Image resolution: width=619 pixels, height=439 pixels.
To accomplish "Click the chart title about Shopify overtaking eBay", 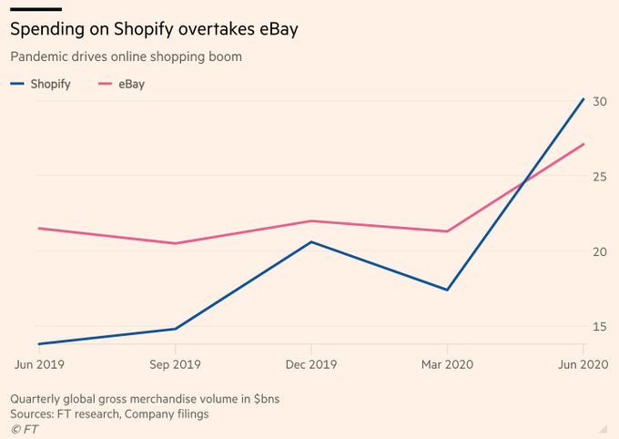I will (154, 29).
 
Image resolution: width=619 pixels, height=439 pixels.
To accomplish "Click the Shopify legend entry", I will (42, 84).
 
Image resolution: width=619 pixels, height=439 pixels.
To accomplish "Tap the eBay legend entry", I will (120, 84).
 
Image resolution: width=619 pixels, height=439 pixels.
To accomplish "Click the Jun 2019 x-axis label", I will (38, 363).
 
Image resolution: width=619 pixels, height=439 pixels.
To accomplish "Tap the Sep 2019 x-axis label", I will (175, 363).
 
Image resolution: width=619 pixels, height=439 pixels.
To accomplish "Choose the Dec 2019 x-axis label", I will (311, 363).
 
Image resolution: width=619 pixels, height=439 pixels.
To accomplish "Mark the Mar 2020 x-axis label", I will (447, 363).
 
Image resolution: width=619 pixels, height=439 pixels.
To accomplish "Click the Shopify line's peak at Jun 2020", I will (583, 98).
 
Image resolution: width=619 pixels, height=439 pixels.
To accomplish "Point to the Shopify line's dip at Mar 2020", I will (447, 290).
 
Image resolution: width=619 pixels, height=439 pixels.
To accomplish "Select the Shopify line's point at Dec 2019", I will (311, 241).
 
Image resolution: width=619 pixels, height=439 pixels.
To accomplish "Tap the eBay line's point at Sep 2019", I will (175, 243).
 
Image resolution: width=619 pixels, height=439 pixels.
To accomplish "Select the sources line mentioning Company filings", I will (109, 413).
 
